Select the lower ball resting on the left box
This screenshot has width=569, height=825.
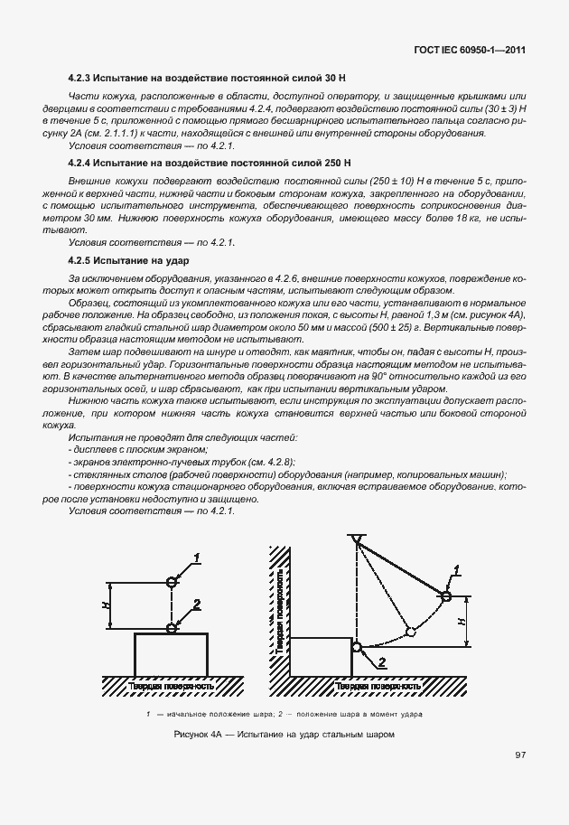(172, 627)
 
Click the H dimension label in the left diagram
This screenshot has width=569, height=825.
(106, 605)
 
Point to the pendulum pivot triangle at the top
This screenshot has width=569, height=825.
(358, 540)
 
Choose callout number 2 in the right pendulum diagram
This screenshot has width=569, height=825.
(382, 662)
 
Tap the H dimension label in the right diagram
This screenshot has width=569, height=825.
(461, 622)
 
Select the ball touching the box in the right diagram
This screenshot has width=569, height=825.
(358, 647)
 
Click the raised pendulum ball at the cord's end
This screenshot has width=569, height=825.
(445, 594)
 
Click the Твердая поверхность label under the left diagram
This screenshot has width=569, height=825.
(171, 686)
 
